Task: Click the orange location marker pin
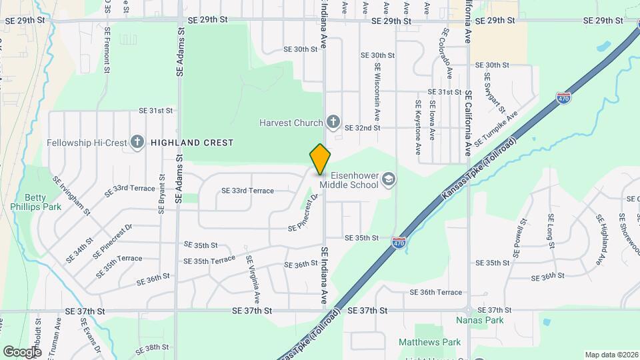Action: [320, 159]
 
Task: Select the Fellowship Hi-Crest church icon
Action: [137, 142]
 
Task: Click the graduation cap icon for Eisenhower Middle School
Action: [389, 179]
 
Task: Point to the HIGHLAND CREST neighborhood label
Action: [192, 143]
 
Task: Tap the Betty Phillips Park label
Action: [43, 202]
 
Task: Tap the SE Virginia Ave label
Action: [253, 276]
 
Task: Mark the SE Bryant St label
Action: [161, 194]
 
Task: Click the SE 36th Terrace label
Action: [435, 292]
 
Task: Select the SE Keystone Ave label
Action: [418, 120]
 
